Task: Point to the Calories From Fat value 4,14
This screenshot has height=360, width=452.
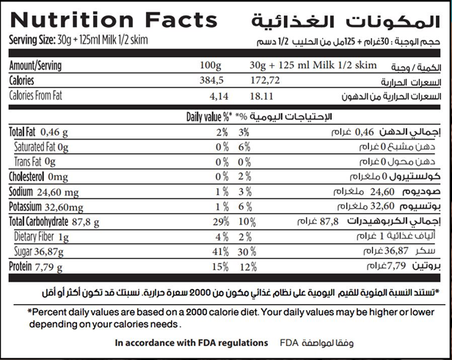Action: click(x=220, y=96)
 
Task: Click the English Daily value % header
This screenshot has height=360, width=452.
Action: click(x=210, y=117)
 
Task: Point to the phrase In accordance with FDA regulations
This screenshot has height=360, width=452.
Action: click(x=190, y=342)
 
